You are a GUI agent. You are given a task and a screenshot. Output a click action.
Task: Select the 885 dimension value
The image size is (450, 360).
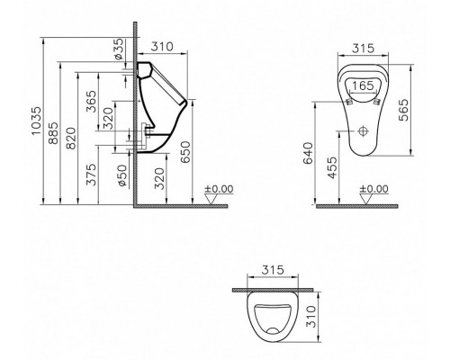click(53, 133)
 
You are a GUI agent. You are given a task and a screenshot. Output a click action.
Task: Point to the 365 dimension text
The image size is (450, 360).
click(91, 102)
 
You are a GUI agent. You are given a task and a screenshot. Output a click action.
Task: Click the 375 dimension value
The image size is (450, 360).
click(91, 175)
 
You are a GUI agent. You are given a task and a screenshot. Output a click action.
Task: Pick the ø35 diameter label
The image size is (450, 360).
click(119, 49)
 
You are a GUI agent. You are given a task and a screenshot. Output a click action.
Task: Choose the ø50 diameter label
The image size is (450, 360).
click(122, 175)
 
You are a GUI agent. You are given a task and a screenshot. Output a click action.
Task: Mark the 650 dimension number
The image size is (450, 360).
click(185, 152)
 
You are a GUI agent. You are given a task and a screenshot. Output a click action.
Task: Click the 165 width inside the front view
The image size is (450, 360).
click(363, 85)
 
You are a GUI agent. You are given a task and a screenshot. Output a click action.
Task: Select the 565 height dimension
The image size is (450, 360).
click(403, 110)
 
